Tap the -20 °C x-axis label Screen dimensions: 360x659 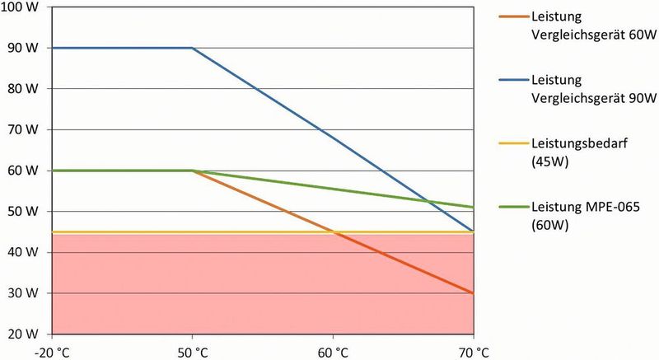coord(52,351)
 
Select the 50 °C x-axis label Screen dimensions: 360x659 coord(192,351)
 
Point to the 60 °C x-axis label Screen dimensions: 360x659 coord(333,351)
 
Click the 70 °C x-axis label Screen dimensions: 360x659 coord(473,351)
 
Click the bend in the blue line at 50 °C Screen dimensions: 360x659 coord(193,48)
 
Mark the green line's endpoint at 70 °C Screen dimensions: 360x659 coord(473,207)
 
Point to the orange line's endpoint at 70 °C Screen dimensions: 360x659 coord(473,292)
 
